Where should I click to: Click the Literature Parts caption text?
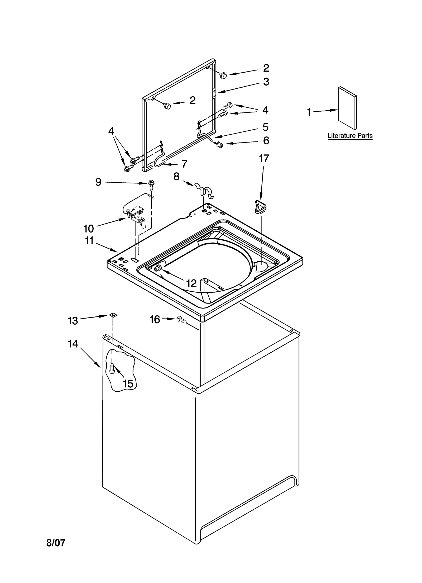(350, 136)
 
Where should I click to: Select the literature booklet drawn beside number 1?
(348, 108)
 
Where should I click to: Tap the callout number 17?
(264, 159)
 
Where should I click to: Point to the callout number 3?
(266, 82)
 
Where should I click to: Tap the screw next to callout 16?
(182, 320)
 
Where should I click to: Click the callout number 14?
(73, 344)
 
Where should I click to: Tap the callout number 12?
(191, 283)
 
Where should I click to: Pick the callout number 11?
(89, 240)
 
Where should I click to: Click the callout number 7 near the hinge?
(184, 164)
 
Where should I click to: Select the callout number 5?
(265, 127)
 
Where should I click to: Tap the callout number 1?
(308, 112)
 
